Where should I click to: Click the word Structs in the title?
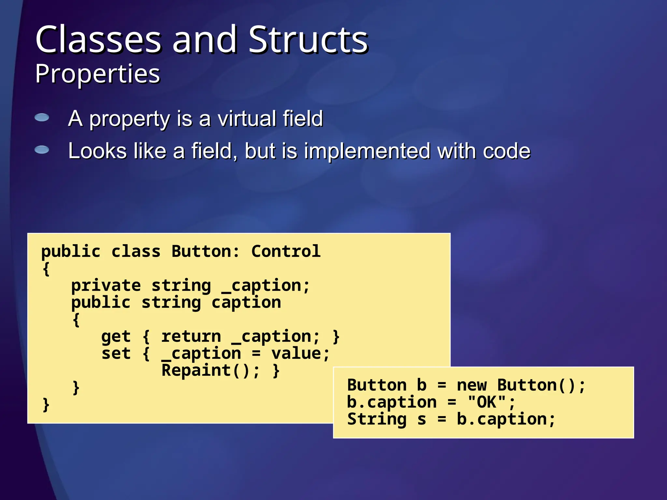coord(308,40)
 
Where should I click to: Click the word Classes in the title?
coord(98,40)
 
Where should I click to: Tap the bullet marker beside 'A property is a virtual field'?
coord(42,118)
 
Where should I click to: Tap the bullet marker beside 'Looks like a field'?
coord(42,150)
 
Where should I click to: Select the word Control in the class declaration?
coord(286,251)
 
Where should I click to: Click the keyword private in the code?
coord(106,286)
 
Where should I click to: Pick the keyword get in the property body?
coord(116,337)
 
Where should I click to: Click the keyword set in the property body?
coord(116,354)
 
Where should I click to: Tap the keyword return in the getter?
coord(191,337)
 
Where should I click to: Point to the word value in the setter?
coord(296,354)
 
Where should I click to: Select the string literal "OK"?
coord(487,402)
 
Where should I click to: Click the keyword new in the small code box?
coord(472,385)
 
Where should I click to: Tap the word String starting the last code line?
coord(377,419)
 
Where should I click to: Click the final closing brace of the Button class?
coord(46,405)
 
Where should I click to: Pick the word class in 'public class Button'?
coord(136,251)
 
